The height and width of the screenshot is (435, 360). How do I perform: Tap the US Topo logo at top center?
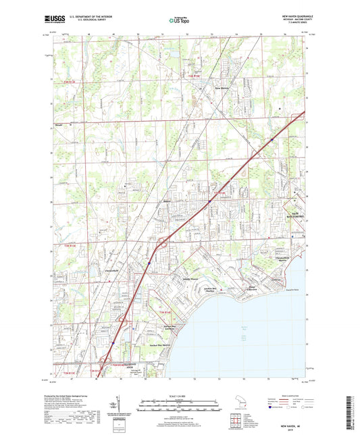point(176,21)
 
